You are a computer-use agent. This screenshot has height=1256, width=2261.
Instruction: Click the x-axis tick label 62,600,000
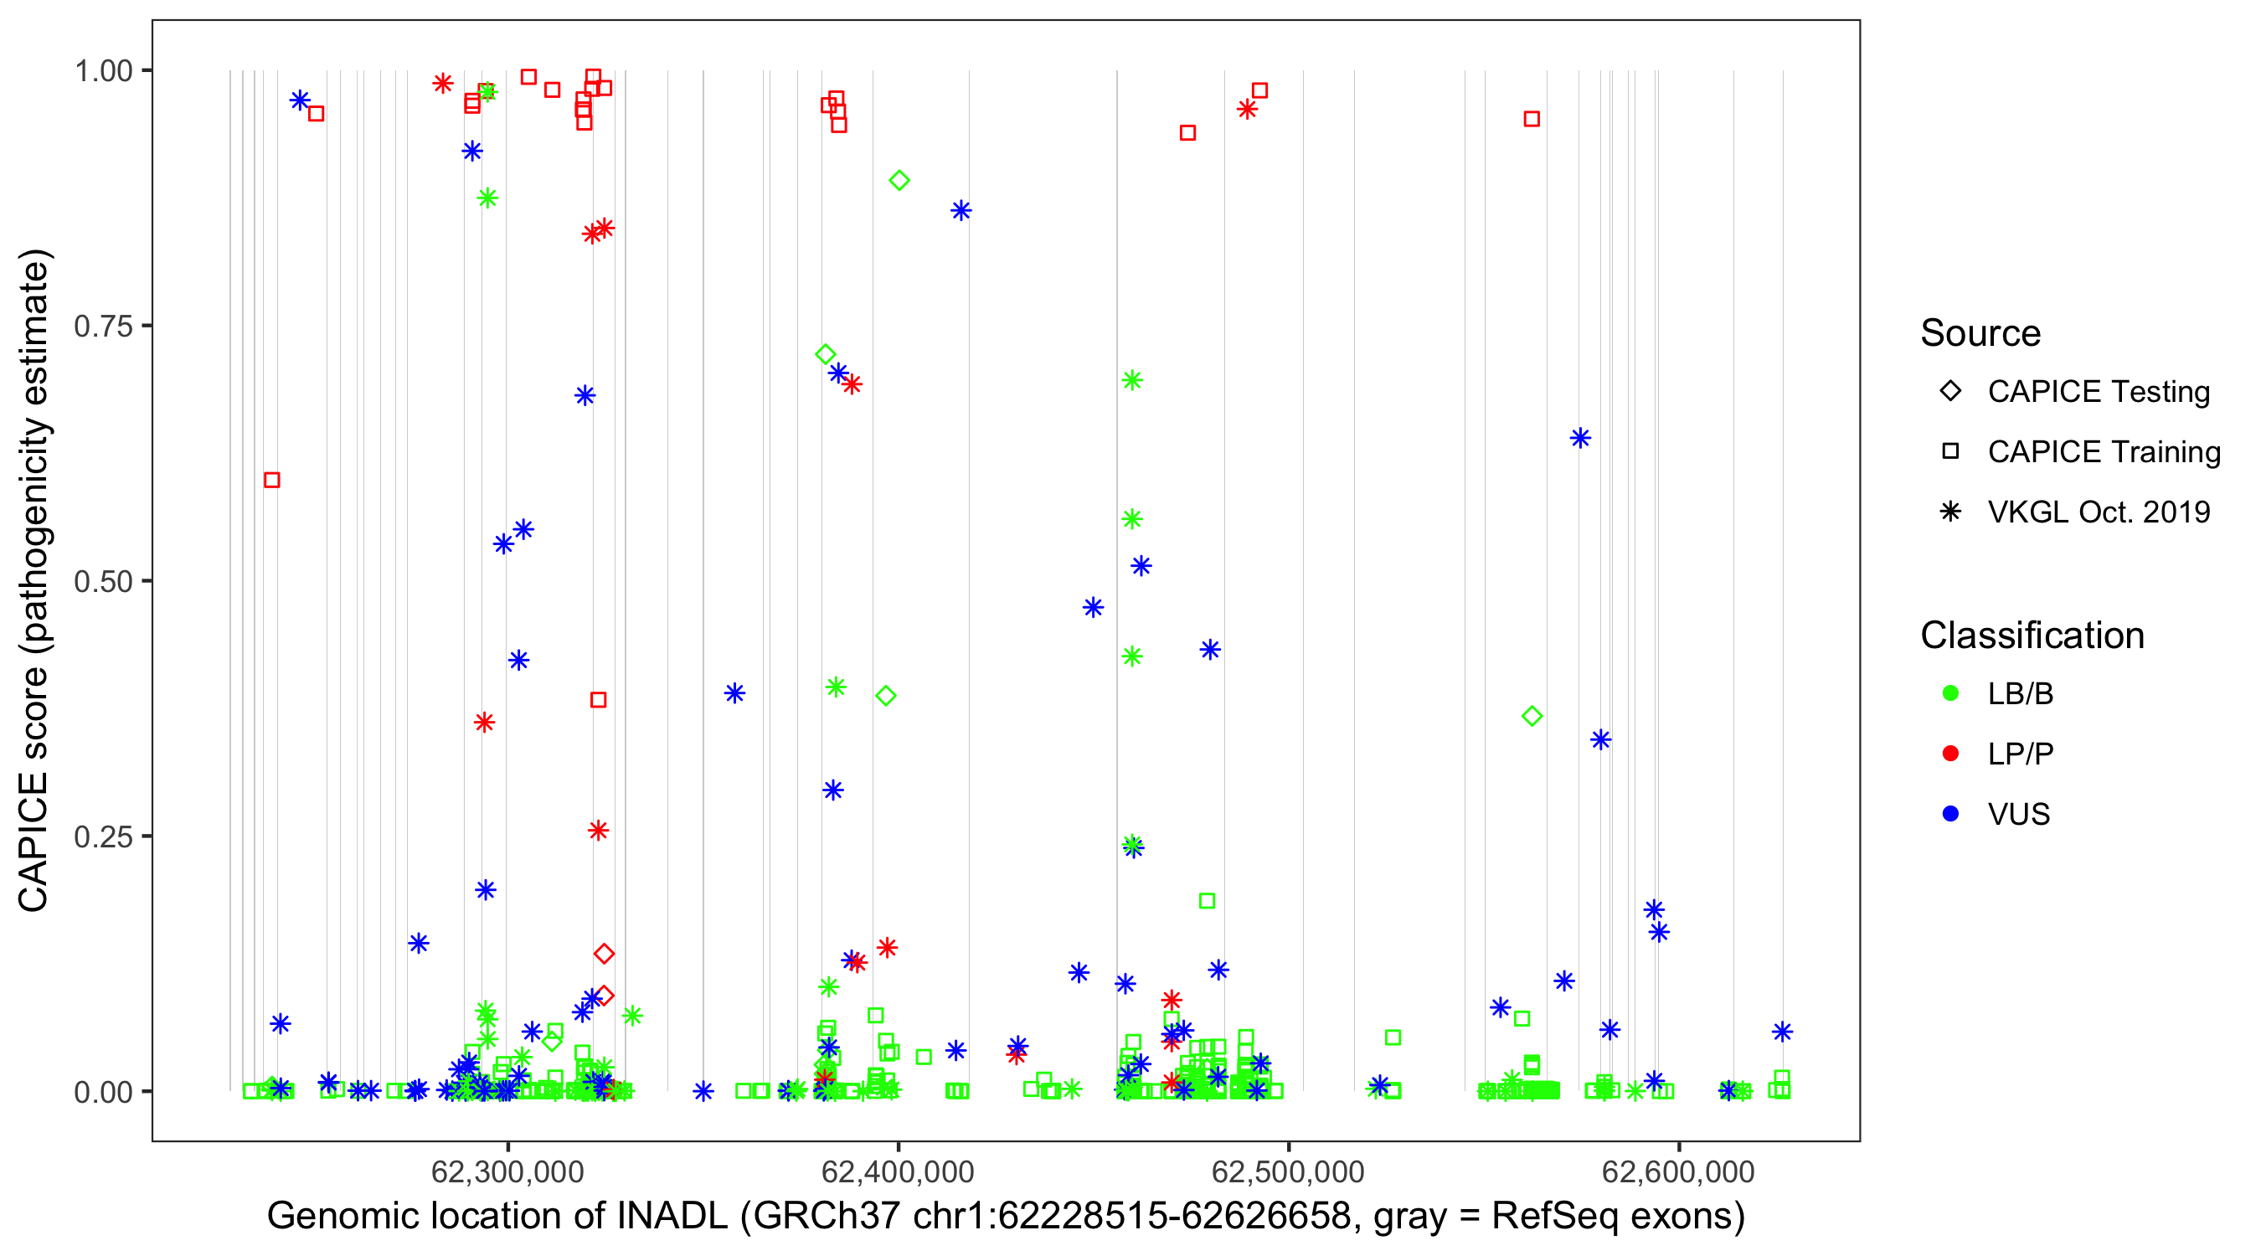[1677, 1171]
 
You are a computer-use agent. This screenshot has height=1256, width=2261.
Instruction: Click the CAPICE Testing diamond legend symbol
[1950, 392]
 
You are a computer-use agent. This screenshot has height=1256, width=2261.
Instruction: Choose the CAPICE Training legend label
[2103, 452]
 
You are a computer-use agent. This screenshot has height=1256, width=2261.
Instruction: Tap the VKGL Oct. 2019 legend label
[2098, 512]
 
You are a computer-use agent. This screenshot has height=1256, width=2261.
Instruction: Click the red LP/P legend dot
[1950, 754]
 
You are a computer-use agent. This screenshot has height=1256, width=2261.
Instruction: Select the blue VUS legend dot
[1950, 814]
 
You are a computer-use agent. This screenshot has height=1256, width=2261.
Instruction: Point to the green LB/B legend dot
[1950, 693]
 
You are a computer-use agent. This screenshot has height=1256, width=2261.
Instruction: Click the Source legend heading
[1980, 333]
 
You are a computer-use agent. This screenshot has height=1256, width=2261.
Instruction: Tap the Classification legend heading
[2031, 636]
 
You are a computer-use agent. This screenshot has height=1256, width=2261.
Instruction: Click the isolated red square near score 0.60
[272, 480]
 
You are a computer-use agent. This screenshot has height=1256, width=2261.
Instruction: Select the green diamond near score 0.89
[899, 181]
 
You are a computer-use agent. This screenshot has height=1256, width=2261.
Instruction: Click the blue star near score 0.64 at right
[1580, 438]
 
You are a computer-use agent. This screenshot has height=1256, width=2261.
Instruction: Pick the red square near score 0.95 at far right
[1532, 120]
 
